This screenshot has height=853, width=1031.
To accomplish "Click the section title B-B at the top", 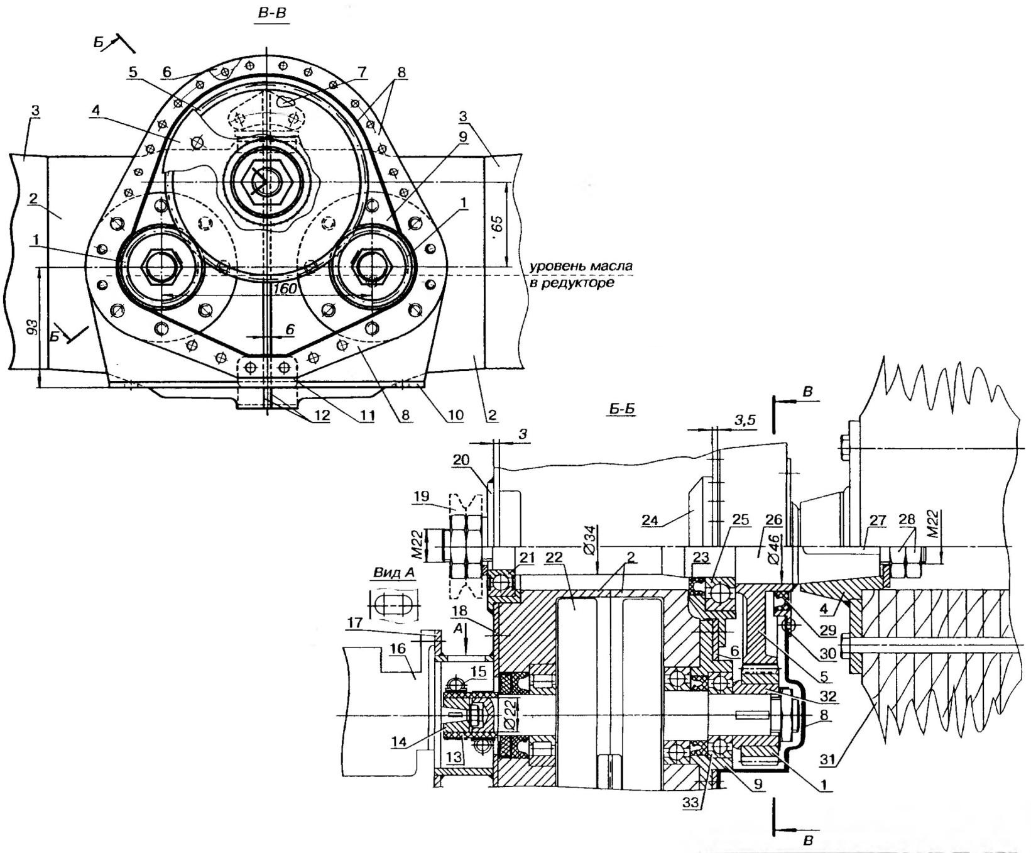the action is pyautogui.click(x=271, y=13).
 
